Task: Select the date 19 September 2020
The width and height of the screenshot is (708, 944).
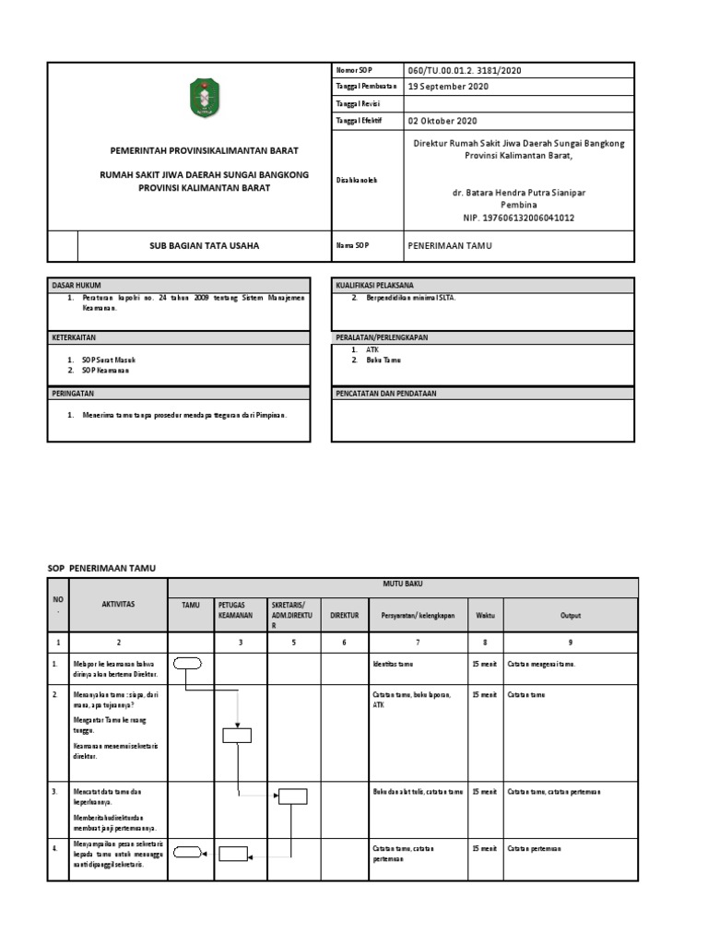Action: tap(449, 87)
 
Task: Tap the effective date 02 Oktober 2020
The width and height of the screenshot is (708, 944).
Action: tap(442, 120)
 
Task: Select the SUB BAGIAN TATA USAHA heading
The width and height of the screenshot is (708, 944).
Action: tap(206, 246)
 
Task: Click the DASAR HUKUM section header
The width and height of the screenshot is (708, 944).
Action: tap(76, 286)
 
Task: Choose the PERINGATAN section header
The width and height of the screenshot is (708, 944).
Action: tap(73, 393)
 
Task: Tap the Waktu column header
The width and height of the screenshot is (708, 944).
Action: tap(485, 614)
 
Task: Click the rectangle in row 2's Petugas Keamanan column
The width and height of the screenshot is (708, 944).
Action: tap(237, 735)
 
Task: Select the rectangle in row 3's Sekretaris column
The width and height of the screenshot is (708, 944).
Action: tap(293, 796)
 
